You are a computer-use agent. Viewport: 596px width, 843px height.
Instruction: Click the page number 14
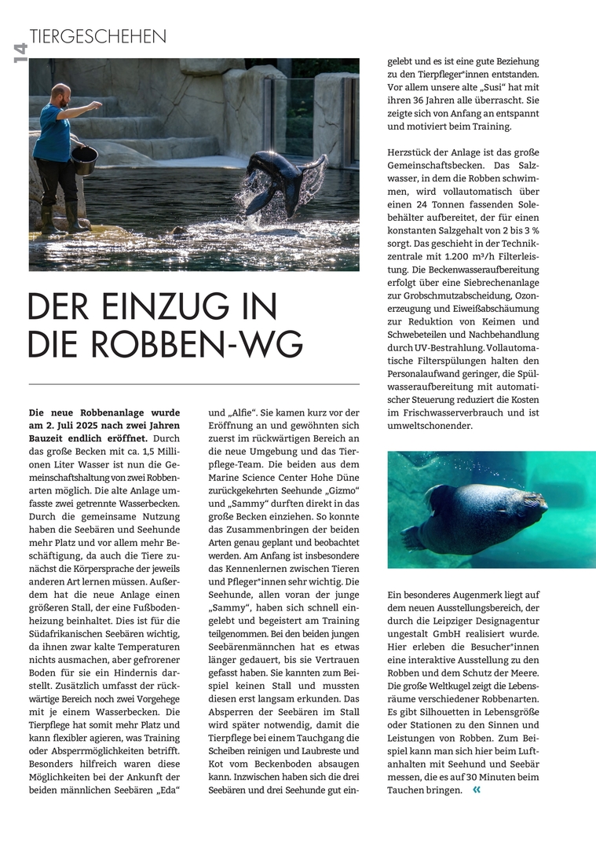tap(19, 53)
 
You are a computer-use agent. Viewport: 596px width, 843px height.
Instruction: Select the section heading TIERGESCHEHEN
tap(98, 36)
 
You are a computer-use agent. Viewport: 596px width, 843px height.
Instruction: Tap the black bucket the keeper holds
tap(85, 159)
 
